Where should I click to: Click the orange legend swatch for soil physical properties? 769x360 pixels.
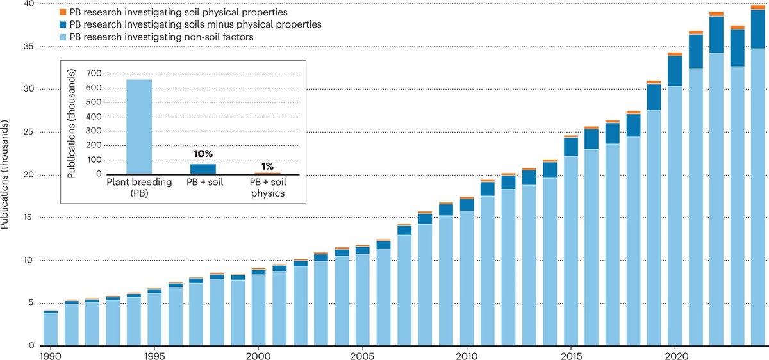click(x=44, y=13)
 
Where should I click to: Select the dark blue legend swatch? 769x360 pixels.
click(x=44, y=24)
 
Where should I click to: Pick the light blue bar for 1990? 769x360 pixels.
click(x=50, y=329)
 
